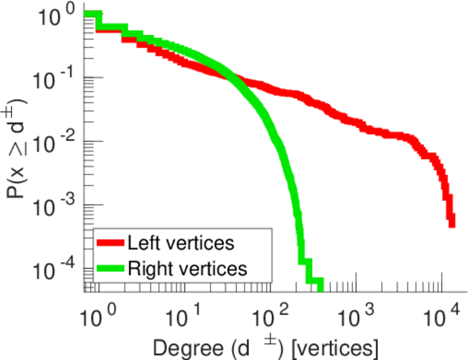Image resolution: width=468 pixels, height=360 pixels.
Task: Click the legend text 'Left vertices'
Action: (180, 243)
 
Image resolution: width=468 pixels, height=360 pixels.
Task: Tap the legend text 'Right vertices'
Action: (187, 268)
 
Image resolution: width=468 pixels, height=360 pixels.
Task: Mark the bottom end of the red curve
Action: (451, 224)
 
